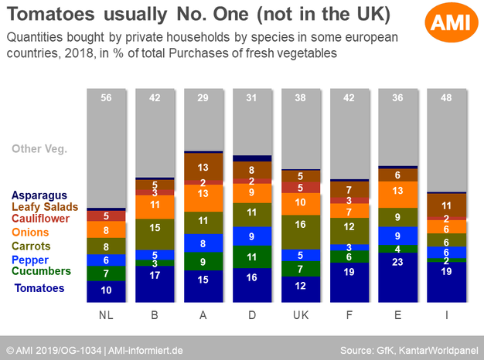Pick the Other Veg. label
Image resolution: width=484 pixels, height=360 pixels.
tap(41, 150)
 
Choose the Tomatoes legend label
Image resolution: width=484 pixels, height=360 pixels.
tap(39, 288)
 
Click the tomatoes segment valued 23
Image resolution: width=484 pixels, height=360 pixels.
tap(398, 283)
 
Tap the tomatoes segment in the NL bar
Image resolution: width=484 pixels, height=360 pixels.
tap(106, 290)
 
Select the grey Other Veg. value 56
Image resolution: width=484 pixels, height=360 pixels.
tap(106, 98)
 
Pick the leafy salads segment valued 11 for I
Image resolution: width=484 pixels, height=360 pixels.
tap(447, 206)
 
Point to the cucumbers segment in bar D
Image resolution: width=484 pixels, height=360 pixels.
tap(252, 257)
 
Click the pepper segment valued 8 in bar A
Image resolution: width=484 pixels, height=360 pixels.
tap(203, 243)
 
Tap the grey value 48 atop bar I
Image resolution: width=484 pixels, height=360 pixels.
tap(447, 98)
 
